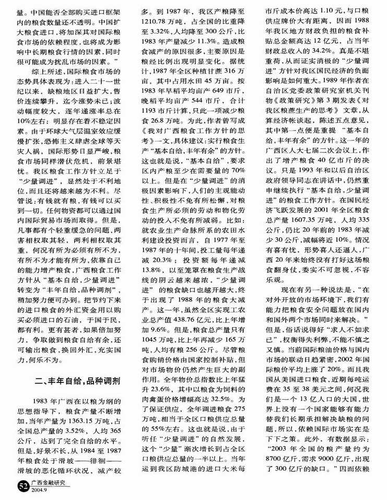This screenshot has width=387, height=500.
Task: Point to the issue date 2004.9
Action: point(40,491)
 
